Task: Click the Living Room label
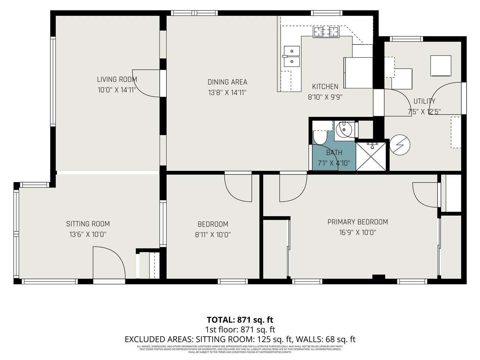(117, 79)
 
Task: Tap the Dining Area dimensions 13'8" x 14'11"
(227, 92)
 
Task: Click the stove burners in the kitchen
(326, 32)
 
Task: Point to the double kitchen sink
(292, 56)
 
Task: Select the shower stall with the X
(371, 156)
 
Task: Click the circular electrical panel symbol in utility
(400, 145)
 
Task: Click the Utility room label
(424, 101)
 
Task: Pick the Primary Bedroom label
(357, 222)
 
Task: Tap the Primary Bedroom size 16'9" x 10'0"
(357, 232)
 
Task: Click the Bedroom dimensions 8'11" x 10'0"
(213, 235)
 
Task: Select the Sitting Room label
(88, 224)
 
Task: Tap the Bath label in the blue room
(334, 153)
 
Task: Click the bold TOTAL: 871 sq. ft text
(240, 320)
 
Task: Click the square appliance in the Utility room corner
(441, 65)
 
